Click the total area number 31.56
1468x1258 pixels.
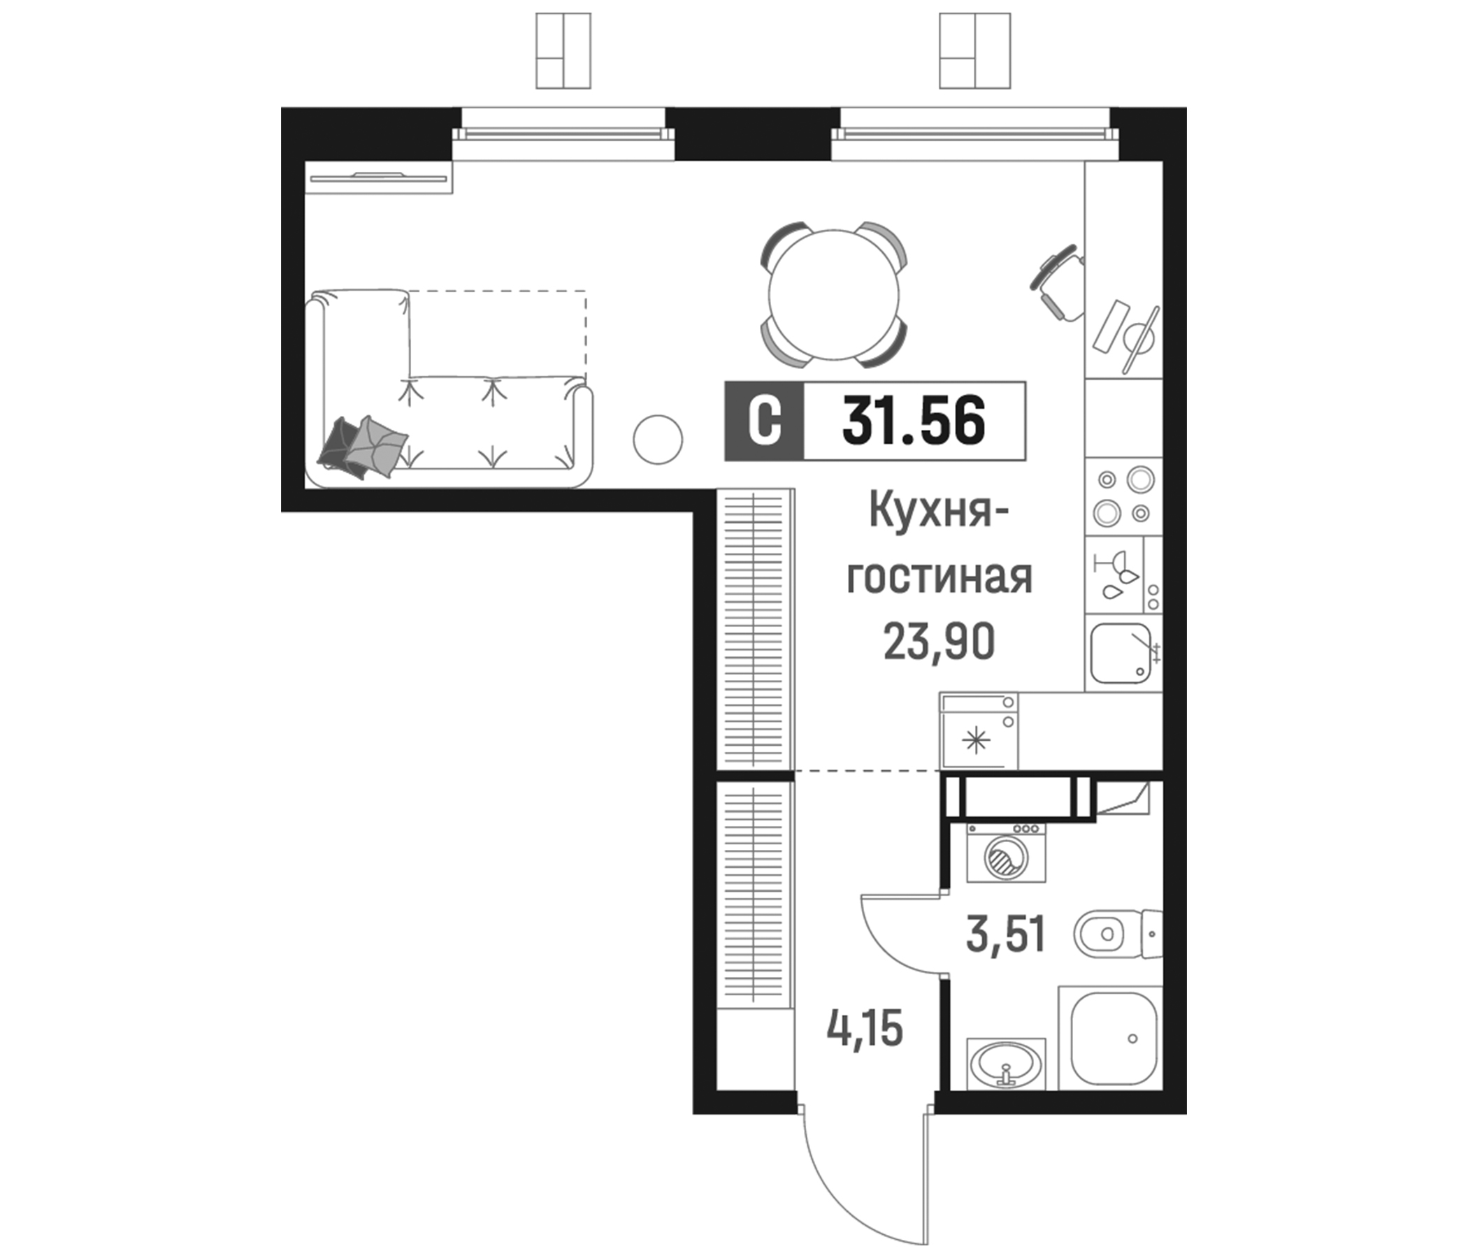[913, 421]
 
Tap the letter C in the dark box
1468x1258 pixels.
[765, 421]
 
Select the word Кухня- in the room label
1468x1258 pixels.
[939, 512]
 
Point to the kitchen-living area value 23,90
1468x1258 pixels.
[939, 642]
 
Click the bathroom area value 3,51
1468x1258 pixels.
[1005, 934]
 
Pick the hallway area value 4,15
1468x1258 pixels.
[864, 1029]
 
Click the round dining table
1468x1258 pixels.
[834, 295]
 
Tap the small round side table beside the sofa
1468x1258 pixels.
[658, 440]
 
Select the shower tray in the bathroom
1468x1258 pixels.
[1113, 1039]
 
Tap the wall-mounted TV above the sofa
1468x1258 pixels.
[379, 178]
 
